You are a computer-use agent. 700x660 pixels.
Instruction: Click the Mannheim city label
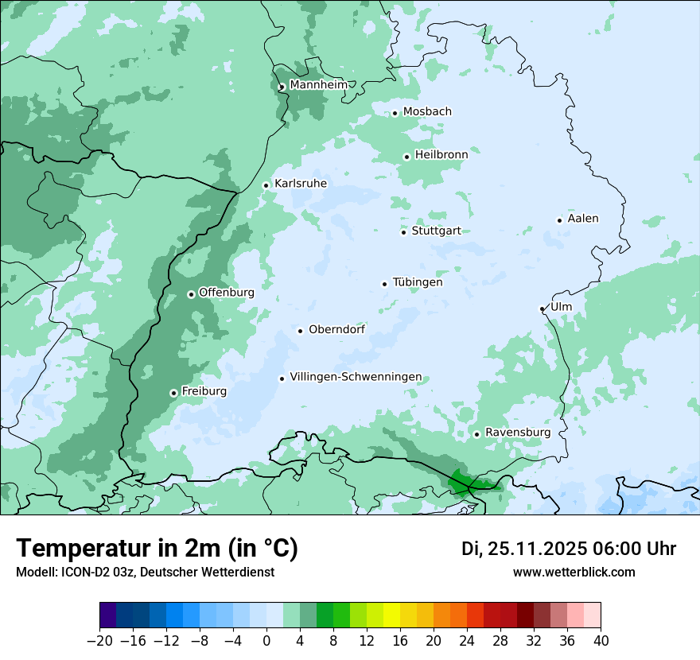(x=318, y=85)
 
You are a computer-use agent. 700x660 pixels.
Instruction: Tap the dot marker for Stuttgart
(x=404, y=232)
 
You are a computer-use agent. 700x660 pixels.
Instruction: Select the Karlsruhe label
(x=301, y=184)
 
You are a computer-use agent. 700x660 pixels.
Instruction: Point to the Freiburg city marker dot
(x=173, y=393)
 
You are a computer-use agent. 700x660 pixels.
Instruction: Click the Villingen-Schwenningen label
(x=356, y=377)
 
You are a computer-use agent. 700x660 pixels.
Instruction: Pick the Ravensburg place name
(x=518, y=433)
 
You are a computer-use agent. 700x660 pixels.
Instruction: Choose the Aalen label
(x=583, y=219)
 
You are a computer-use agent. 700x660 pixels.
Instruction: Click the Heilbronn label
(x=441, y=155)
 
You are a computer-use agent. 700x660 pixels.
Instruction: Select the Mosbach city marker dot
(x=395, y=113)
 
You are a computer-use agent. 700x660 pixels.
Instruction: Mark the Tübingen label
(x=418, y=282)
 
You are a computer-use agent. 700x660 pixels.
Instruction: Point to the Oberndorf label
(x=336, y=329)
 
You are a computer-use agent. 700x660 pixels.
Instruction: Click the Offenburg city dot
(x=191, y=294)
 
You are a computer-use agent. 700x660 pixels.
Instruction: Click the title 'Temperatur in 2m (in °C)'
(x=157, y=548)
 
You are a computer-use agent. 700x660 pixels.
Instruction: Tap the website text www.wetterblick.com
(x=574, y=572)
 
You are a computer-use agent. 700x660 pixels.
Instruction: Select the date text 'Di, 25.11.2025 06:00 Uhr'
(x=569, y=549)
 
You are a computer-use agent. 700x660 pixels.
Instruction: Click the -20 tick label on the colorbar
(x=100, y=641)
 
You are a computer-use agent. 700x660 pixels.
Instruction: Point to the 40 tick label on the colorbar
(x=601, y=641)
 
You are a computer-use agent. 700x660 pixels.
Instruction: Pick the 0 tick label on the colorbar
(x=266, y=641)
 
